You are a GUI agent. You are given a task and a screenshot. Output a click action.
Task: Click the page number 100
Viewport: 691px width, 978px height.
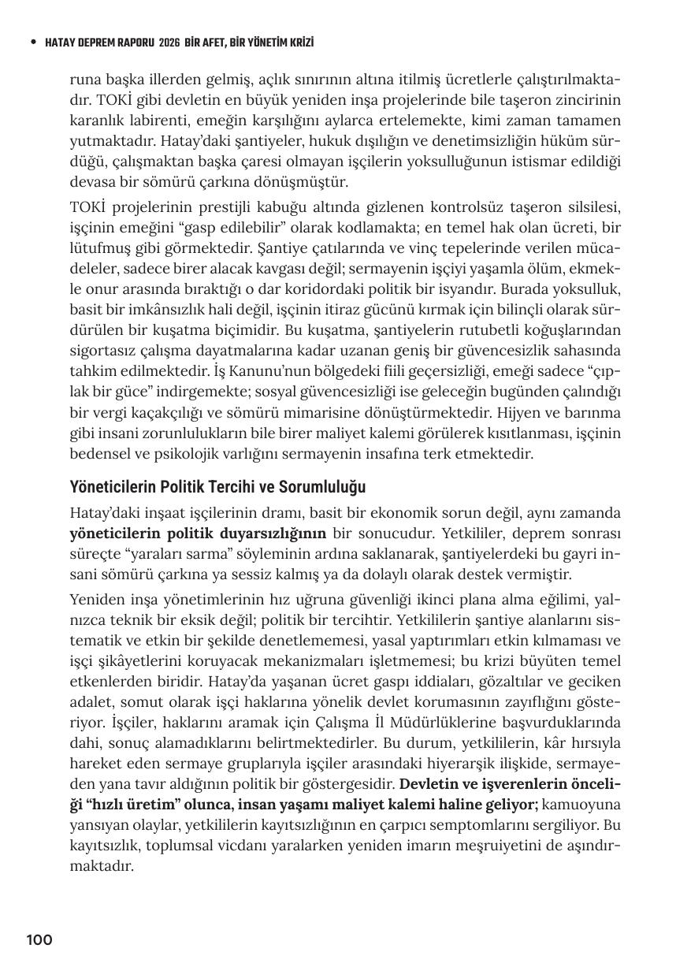coord(39,939)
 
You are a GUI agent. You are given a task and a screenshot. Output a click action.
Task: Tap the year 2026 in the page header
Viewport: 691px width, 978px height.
coord(170,42)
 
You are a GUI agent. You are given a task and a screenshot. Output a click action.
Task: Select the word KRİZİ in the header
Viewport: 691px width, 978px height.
coord(298,42)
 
